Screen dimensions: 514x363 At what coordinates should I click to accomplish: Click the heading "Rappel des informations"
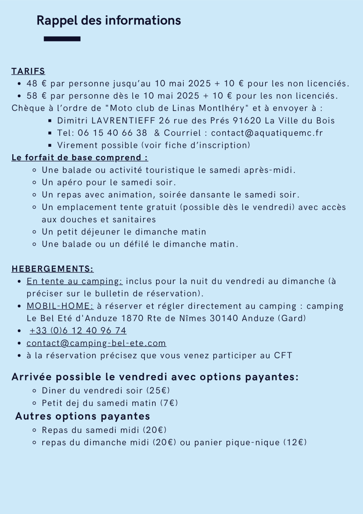109,21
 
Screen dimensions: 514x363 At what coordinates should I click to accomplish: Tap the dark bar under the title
62,39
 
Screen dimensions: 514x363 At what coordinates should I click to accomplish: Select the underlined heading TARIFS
28,71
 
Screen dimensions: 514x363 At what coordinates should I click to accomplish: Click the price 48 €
37,83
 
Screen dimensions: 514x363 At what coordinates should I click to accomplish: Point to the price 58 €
37,96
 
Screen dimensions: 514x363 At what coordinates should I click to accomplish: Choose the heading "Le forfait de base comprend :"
80,157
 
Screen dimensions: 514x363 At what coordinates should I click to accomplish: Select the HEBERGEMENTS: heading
53,269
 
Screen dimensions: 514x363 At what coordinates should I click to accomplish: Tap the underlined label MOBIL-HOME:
60,306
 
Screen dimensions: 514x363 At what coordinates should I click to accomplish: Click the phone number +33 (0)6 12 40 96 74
78,331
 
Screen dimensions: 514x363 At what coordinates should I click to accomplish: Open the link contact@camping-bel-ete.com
96,343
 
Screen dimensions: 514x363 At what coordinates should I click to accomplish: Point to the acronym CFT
283,355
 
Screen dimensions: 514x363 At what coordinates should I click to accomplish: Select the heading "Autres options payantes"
83,416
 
